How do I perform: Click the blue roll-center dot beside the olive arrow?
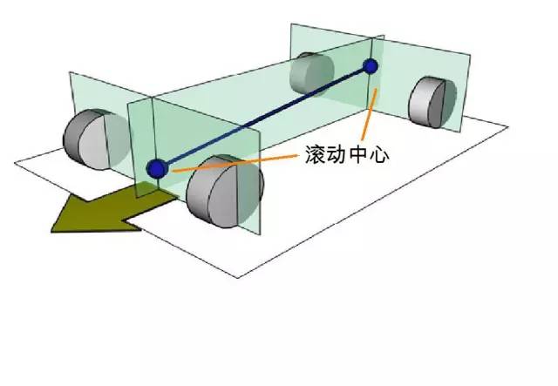pos(157,168)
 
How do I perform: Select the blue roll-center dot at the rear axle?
pos(371,65)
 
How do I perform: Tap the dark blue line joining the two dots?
pos(262,118)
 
